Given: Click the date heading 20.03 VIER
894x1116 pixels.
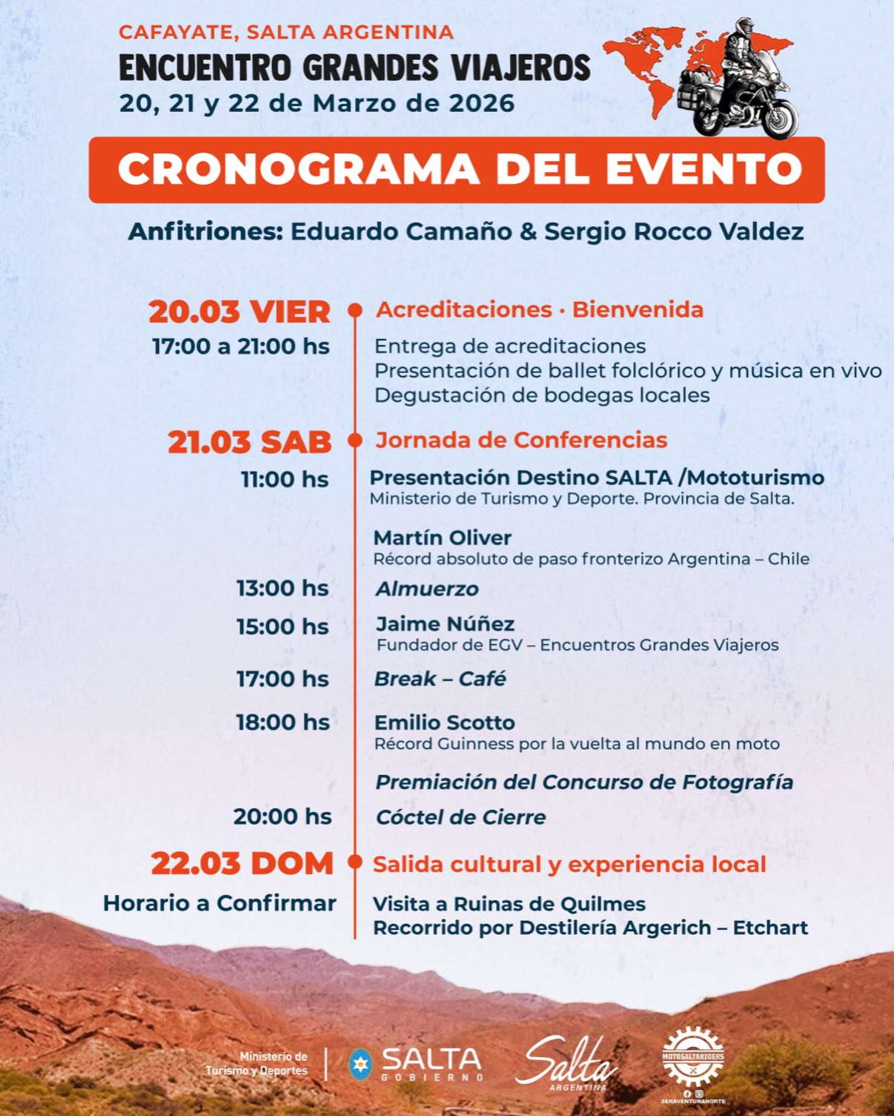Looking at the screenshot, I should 239,311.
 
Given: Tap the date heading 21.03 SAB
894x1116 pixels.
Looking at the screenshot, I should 249,442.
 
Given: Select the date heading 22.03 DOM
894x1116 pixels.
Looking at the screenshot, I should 242,864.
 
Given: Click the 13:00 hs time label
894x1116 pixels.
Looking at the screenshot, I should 282,589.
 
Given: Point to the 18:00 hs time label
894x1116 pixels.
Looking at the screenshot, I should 282,722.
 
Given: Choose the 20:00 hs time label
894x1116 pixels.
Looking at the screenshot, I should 282,817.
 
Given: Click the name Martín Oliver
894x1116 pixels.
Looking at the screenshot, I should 443,538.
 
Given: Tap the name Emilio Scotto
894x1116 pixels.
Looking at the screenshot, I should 444,723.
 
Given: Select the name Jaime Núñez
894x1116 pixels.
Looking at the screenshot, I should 445,624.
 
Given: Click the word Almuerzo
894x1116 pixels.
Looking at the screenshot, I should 427,590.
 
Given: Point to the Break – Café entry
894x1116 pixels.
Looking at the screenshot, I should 440,679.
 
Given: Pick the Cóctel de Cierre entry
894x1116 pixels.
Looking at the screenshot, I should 460,818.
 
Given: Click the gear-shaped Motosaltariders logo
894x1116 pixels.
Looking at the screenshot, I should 693,1057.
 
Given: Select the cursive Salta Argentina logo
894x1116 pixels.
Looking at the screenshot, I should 567,1063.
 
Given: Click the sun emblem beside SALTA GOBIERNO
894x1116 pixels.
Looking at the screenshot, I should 360,1063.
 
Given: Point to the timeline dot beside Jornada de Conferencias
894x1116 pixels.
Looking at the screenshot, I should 355,440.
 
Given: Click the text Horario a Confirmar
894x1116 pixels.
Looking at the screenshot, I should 219,903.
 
